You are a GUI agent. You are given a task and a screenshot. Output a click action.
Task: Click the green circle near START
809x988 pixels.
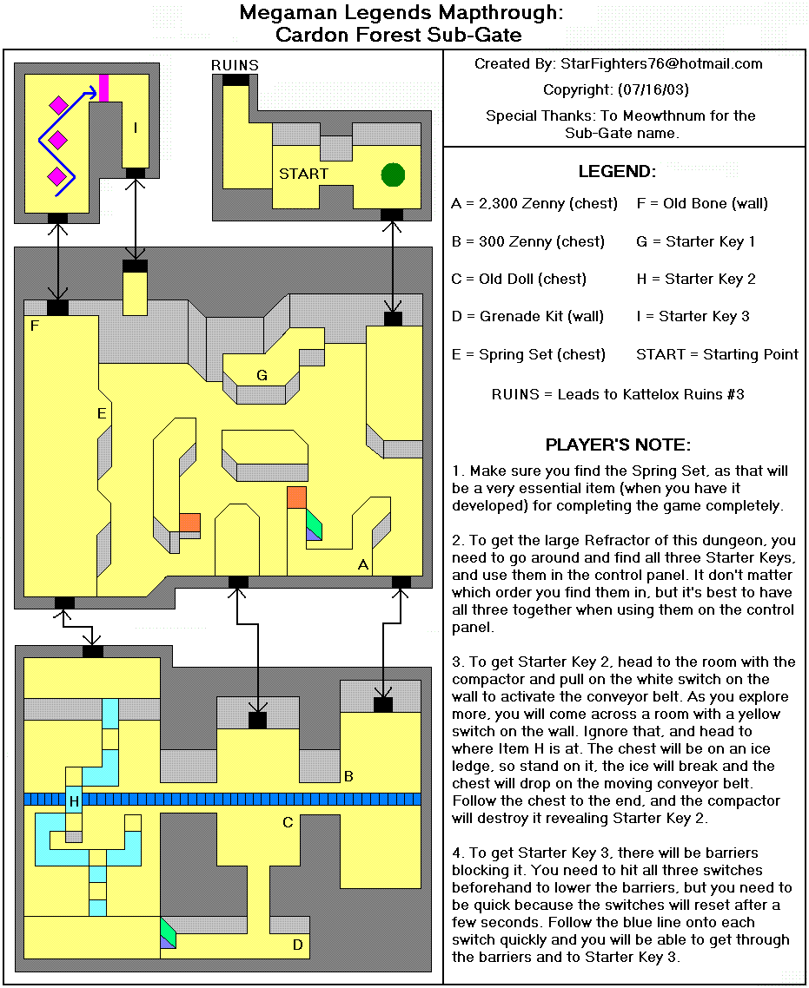click(393, 175)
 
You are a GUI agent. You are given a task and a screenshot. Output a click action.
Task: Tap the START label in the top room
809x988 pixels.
click(303, 174)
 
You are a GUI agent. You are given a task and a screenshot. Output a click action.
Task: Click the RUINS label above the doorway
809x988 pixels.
click(235, 66)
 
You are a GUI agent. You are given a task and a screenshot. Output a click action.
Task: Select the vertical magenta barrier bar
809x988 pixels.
click(104, 89)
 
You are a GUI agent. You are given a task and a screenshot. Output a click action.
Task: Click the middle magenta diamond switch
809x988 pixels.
click(58, 140)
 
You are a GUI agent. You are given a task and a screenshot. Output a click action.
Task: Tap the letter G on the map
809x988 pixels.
click(261, 375)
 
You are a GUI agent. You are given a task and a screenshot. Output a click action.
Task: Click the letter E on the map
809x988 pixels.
click(102, 414)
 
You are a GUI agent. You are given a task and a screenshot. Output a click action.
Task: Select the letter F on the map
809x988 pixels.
click(34, 326)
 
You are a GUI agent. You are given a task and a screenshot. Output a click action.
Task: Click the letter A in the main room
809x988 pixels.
click(363, 564)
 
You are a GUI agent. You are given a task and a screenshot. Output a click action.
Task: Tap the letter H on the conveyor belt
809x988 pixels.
click(75, 801)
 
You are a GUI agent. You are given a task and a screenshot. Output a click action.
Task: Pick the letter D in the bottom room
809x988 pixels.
click(297, 945)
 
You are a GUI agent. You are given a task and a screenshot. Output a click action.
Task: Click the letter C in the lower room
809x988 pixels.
click(288, 823)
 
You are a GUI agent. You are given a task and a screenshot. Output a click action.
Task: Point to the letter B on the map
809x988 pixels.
click(348, 776)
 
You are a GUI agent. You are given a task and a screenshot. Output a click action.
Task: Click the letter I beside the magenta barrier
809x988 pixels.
click(135, 128)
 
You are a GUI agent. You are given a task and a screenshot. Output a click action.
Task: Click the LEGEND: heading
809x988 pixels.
click(617, 172)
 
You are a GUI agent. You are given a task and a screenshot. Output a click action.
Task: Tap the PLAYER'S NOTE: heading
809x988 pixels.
click(617, 445)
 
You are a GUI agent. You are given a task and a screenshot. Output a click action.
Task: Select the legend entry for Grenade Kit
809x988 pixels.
click(527, 317)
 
